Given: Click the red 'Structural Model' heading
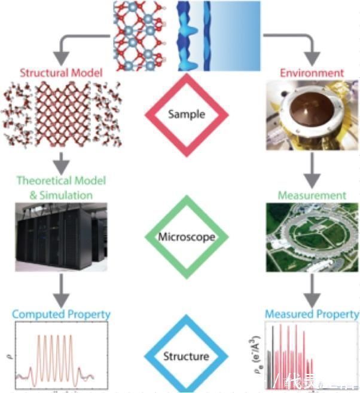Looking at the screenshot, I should (62, 73).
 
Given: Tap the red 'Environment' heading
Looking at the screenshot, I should (312, 73).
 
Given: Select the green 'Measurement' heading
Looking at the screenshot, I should (312, 195).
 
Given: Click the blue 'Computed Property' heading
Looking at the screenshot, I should (62, 314).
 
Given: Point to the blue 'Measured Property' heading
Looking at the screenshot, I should (312, 314).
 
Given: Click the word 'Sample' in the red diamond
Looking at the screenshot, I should (187, 113).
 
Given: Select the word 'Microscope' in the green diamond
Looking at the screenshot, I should (187, 237).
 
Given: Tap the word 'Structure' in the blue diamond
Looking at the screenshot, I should (187, 357).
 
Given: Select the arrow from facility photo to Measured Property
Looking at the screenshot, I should (312, 288).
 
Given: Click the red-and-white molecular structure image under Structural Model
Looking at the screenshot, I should (61, 113).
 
